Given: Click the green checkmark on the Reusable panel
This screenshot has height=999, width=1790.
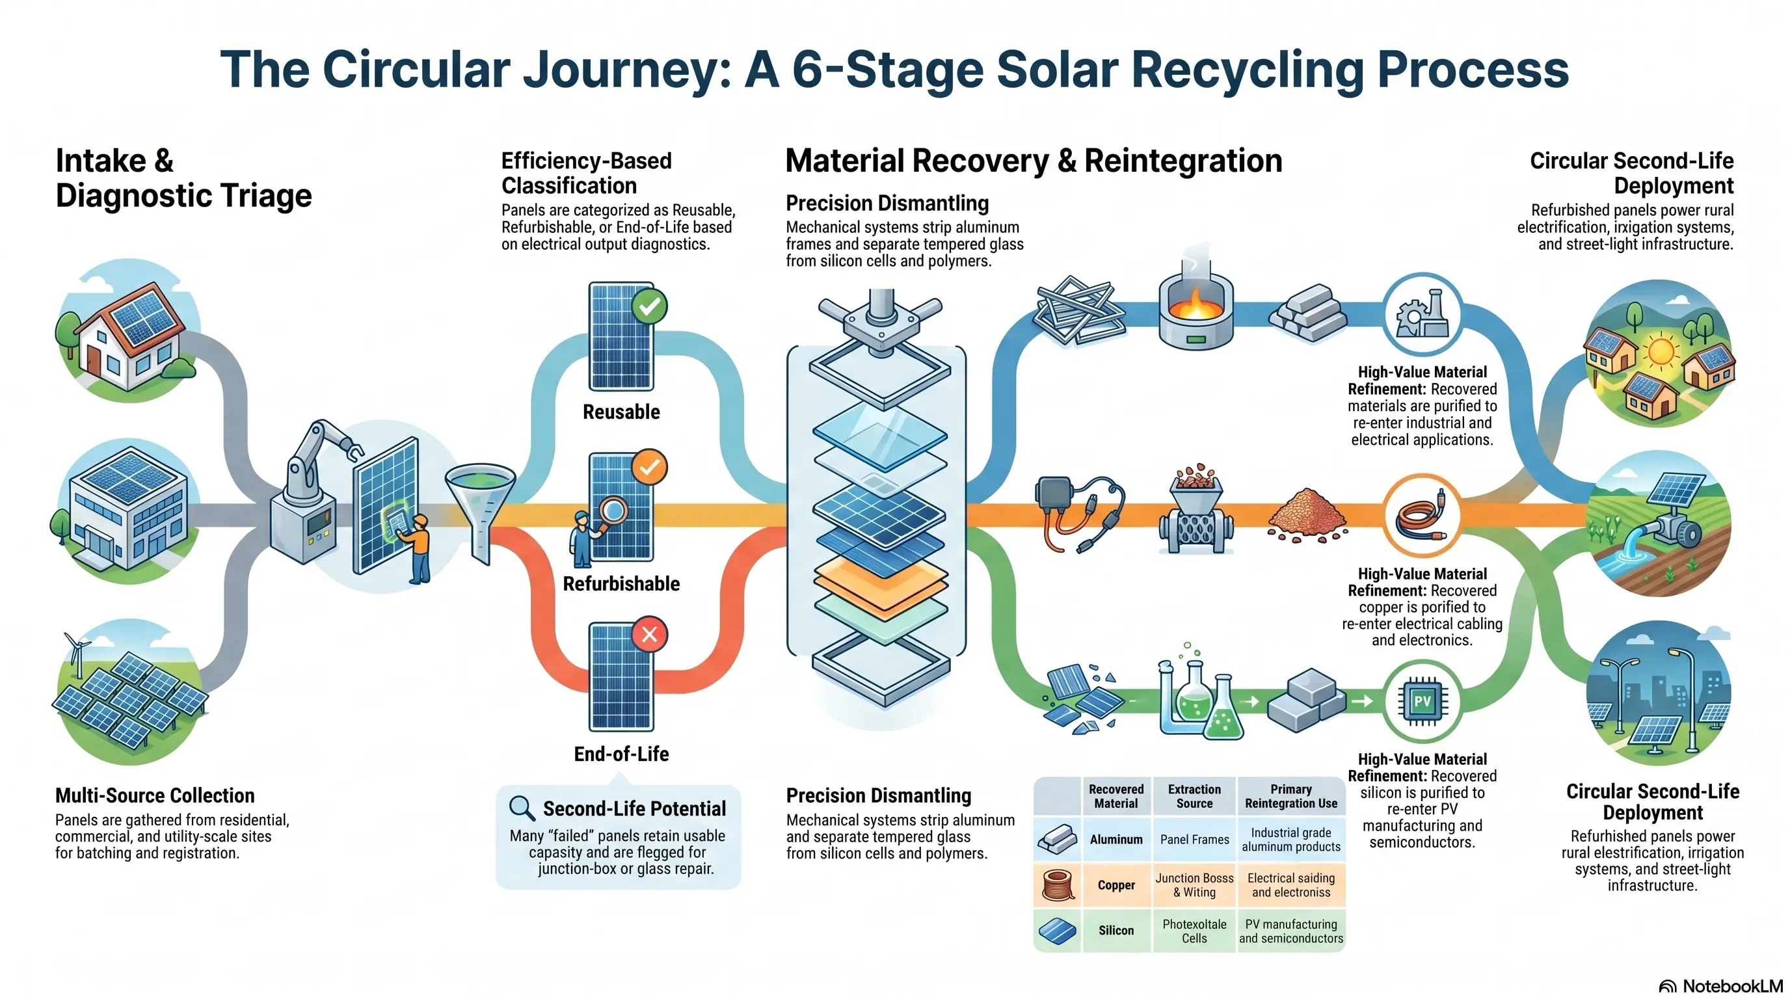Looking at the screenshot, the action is point(650,306).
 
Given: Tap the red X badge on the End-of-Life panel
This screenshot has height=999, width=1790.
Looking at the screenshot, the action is point(650,634).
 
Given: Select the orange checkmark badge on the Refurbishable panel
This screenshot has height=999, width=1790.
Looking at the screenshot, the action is point(650,467).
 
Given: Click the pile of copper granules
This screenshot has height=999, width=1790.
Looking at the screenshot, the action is point(1306,514).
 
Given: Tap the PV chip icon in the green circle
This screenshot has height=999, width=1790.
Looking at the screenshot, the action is point(1422,701).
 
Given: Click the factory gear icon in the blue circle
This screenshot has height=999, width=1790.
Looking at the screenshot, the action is point(1422,315).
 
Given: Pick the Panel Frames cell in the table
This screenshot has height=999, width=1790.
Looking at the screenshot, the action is point(1194,839).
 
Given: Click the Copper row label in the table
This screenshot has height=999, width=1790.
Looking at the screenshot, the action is point(1116,885).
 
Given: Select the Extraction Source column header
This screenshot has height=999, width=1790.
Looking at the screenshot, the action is point(1194,796).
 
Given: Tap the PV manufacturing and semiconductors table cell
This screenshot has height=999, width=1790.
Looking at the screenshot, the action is point(1291,931).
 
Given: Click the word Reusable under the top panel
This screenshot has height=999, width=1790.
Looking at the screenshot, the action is point(621,412).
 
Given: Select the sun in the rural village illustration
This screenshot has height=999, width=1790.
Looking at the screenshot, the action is point(1661,349).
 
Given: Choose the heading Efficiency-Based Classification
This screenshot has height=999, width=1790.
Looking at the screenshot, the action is point(587,173).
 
